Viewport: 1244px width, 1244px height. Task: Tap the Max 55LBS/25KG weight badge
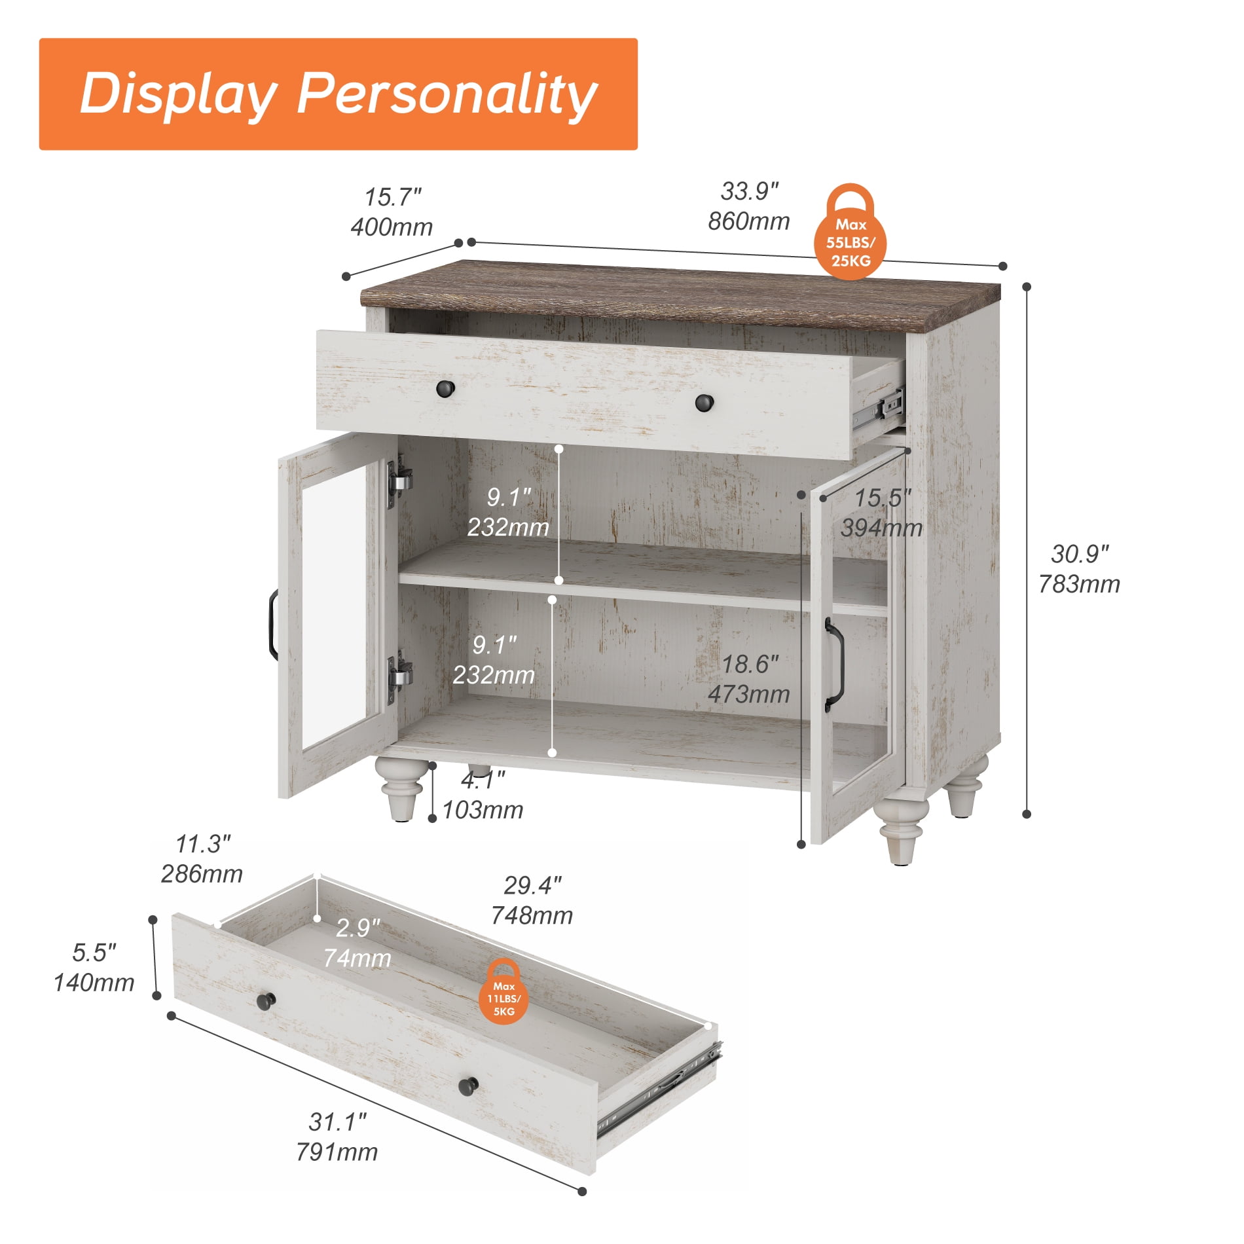pos(850,232)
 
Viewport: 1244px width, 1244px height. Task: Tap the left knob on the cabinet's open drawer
pos(445,388)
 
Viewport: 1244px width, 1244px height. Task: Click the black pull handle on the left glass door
pos(272,625)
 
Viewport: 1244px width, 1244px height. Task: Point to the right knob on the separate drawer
pos(468,1086)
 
